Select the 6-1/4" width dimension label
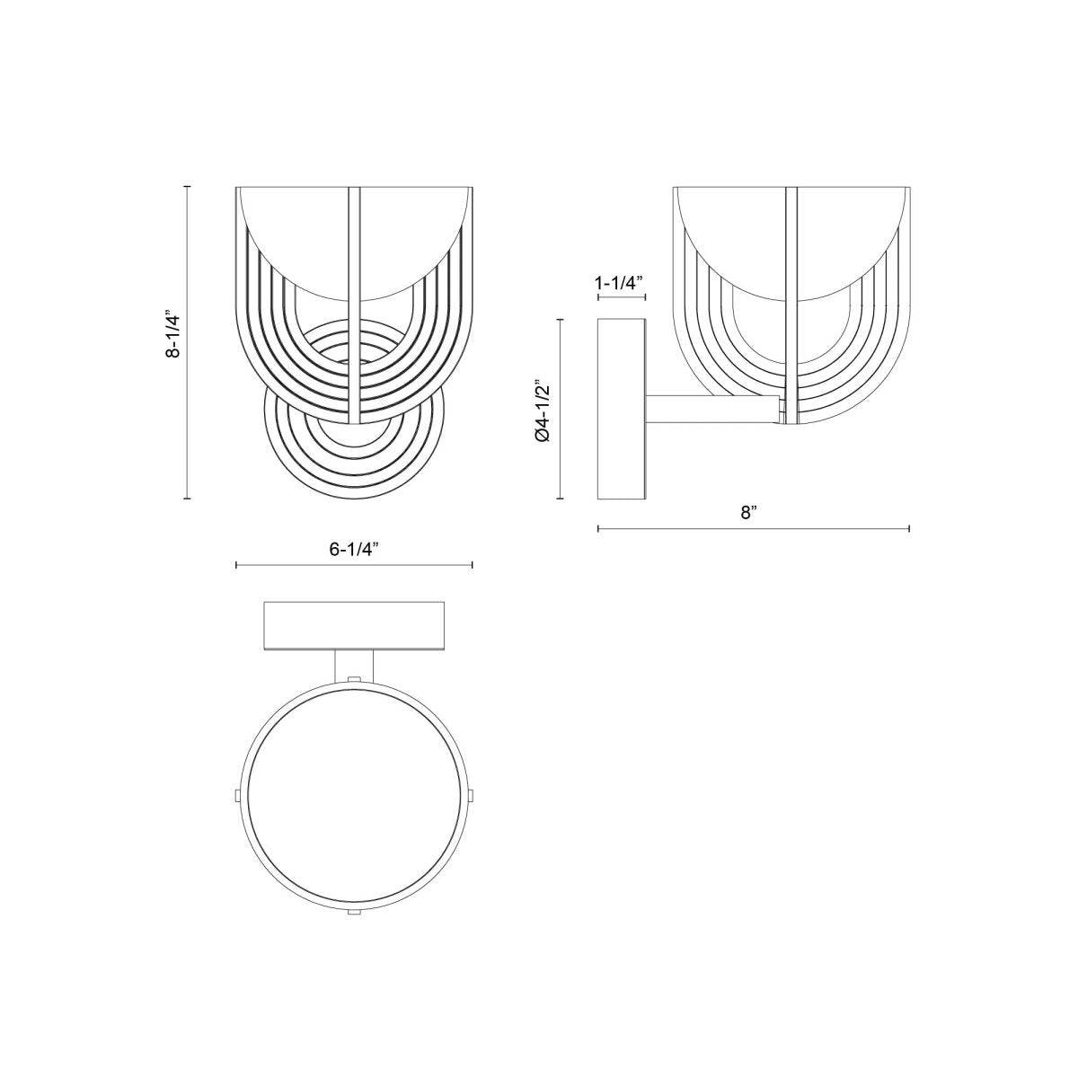[354, 550]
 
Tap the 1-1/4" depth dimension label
[620, 283]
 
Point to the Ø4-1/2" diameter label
[542, 410]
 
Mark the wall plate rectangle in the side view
[621, 409]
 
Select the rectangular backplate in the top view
[354, 625]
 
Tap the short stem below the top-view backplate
[354, 665]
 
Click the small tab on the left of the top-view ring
[235, 795]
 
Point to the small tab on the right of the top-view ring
[473, 795]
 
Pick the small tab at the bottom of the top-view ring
[354, 914]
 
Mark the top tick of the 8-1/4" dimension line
[187, 186]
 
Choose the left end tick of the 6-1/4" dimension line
[236, 565]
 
